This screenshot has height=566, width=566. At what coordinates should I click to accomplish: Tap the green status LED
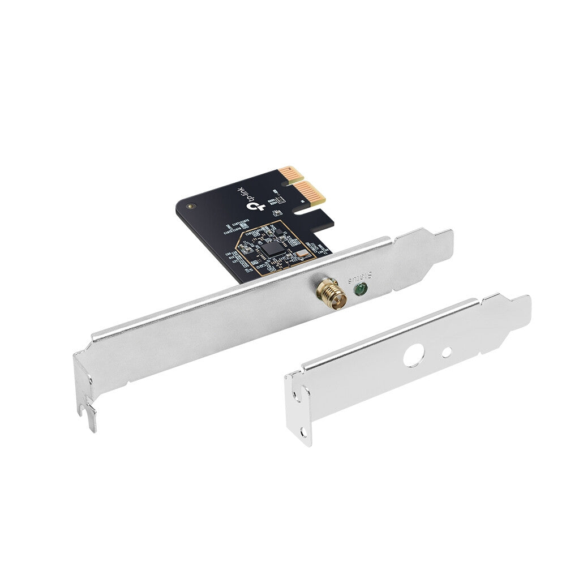point(358,290)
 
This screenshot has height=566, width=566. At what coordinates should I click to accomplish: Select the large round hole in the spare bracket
point(414,357)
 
